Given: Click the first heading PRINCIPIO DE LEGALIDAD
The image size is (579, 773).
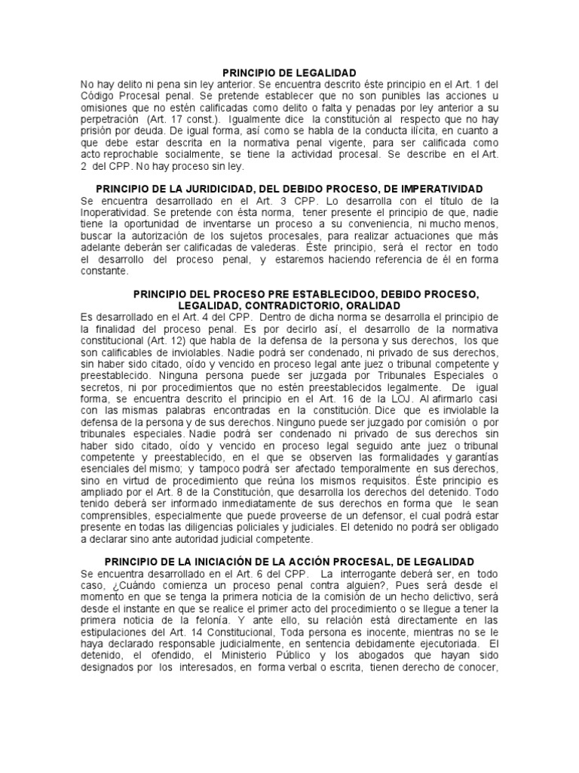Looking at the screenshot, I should (x=289, y=72).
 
